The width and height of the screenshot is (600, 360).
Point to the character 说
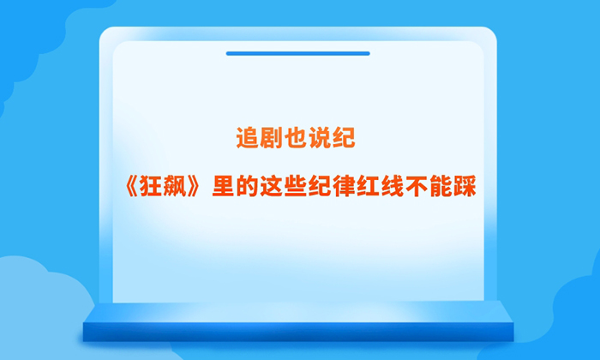(x=320, y=138)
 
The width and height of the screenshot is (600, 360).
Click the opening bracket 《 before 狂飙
(x=131, y=186)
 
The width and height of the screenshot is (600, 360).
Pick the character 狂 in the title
(x=150, y=186)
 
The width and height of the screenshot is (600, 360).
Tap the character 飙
(x=175, y=186)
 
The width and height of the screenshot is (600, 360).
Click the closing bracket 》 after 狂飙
(x=193, y=186)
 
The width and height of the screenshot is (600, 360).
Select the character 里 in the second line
(x=223, y=186)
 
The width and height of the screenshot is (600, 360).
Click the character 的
(x=247, y=186)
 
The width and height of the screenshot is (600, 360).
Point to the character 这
(x=272, y=186)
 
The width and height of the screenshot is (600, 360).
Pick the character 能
(x=441, y=186)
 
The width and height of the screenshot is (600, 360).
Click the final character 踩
(x=465, y=186)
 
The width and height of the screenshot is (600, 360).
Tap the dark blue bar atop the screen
(x=297, y=53)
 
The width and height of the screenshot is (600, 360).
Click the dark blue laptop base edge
(x=298, y=332)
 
